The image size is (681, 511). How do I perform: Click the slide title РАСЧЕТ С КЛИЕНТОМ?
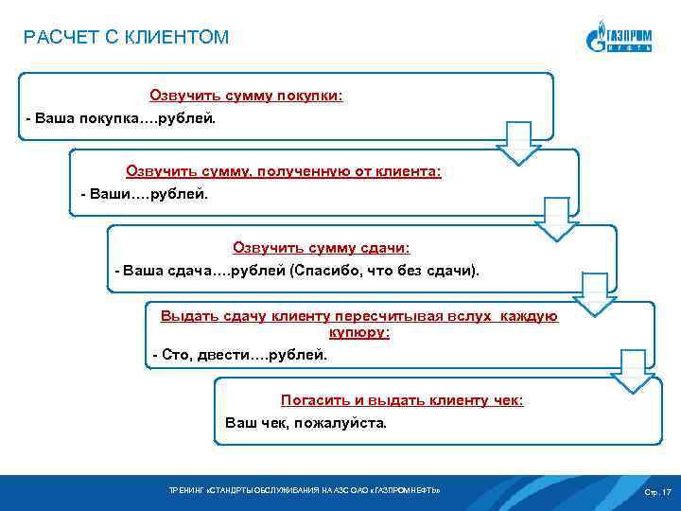pos(126,38)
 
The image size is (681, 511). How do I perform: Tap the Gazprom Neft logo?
pos(619,38)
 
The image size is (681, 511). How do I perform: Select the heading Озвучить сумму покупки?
pos(246,96)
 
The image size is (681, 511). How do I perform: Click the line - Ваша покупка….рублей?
pos(121,120)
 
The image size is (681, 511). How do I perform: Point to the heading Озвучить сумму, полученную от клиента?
pos(284,171)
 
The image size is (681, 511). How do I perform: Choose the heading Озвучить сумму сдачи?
pos(322,247)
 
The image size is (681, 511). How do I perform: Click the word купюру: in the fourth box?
pos(359,332)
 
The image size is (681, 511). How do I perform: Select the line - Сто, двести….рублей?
pos(239,355)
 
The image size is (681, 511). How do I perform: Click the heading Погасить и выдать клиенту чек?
pos(402,400)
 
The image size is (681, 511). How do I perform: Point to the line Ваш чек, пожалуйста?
pos(306,423)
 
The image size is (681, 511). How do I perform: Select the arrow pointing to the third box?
pos(556,220)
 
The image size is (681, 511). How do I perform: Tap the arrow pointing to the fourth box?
pos(594,297)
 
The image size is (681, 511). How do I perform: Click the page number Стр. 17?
pos(657,492)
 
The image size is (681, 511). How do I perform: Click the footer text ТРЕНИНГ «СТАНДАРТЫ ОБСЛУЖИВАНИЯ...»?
pos(304,491)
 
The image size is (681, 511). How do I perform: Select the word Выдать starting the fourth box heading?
pos(183,316)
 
